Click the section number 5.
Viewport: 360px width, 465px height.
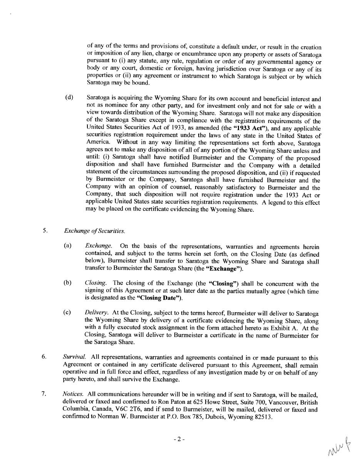pyautogui.click(x=45, y=231)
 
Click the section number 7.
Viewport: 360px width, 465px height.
pyautogui.click(x=44, y=393)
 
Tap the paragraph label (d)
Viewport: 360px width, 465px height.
pyautogui.click(x=69, y=97)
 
